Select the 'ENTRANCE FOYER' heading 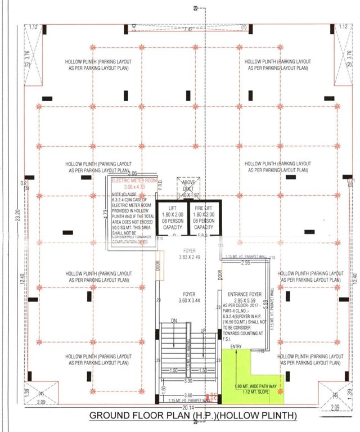click(x=244, y=294)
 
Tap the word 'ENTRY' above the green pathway click(x=236, y=346)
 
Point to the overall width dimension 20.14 click(x=180, y=408)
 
